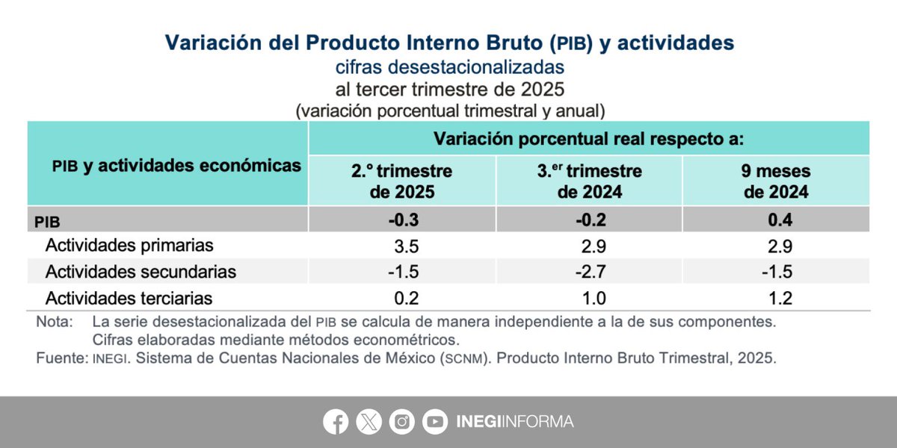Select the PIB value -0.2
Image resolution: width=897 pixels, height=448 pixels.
[589, 220]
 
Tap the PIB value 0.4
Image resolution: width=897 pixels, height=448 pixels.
[776, 220]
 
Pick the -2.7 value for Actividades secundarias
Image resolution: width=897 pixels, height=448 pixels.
[589, 272]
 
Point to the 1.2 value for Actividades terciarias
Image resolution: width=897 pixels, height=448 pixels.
[776, 298]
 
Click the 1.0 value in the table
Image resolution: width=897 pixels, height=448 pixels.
[589, 298]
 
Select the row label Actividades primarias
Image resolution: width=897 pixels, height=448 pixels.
[129, 246]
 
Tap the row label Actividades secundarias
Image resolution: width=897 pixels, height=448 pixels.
[141, 272]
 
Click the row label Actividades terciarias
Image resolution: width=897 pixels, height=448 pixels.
[129, 298]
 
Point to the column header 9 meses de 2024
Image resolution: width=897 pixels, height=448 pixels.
[776, 181]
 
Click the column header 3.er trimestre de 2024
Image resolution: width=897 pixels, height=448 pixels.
[589, 181]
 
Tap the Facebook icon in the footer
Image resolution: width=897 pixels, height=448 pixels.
[336, 423]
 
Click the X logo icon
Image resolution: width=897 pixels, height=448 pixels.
[369, 423]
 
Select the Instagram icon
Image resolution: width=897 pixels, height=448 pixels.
[402, 423]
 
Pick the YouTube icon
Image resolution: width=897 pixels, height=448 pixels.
[435, 423]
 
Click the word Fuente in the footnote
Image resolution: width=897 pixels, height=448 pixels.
[61, 358]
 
